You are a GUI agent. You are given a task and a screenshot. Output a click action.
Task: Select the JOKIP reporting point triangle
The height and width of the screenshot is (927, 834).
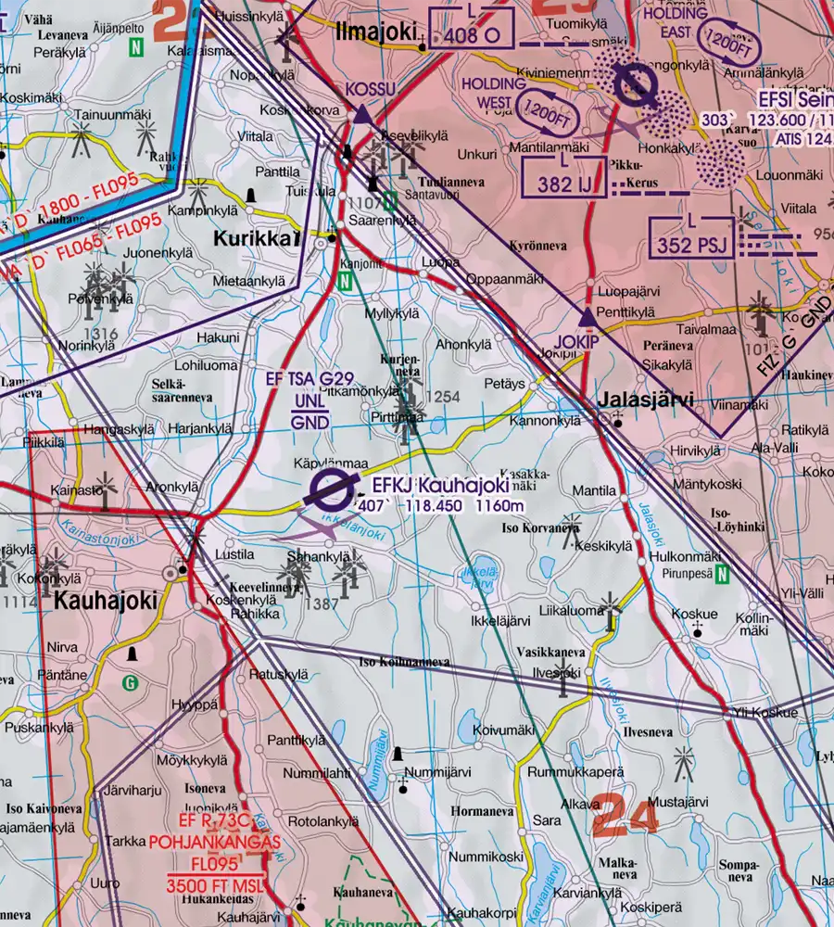click(x=587, y=319)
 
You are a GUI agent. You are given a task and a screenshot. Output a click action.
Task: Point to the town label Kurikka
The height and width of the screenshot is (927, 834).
click(x=257, y=238)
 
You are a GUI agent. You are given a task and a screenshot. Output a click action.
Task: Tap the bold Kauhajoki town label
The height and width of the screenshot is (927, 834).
click(x=105, y=600)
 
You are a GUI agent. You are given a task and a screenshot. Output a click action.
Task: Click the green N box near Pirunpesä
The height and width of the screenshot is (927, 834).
click(x=723, y=573)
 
